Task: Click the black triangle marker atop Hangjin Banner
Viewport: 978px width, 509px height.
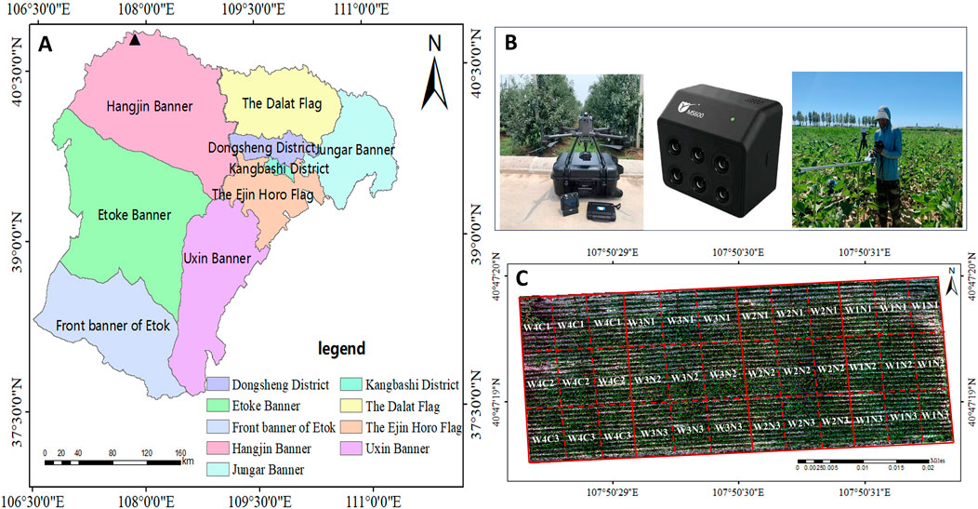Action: (136, 40)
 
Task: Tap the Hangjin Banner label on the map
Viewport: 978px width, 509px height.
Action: (150, 106)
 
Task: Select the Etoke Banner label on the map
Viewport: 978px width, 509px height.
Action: (134, 215)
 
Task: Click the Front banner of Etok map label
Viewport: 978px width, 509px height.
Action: (106, 326)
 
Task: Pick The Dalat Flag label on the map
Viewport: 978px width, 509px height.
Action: (281, 103)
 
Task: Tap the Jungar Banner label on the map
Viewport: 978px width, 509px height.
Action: (357, 150)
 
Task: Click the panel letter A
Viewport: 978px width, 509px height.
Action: (45, 44)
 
